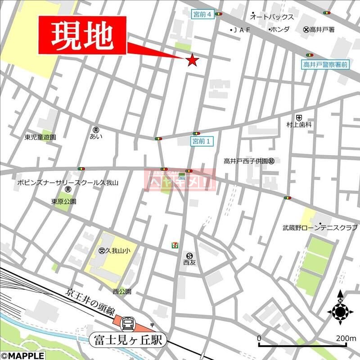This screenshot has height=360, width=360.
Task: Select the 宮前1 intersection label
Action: coord(202,141)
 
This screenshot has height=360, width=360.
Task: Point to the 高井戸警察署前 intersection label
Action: coord(325,64)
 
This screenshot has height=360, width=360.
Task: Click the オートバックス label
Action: coord(272,17)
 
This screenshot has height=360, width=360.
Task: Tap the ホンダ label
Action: coord(279,30)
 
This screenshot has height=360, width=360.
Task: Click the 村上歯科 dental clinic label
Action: coord(299,124)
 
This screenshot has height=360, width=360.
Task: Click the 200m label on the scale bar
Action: coord(345,338)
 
